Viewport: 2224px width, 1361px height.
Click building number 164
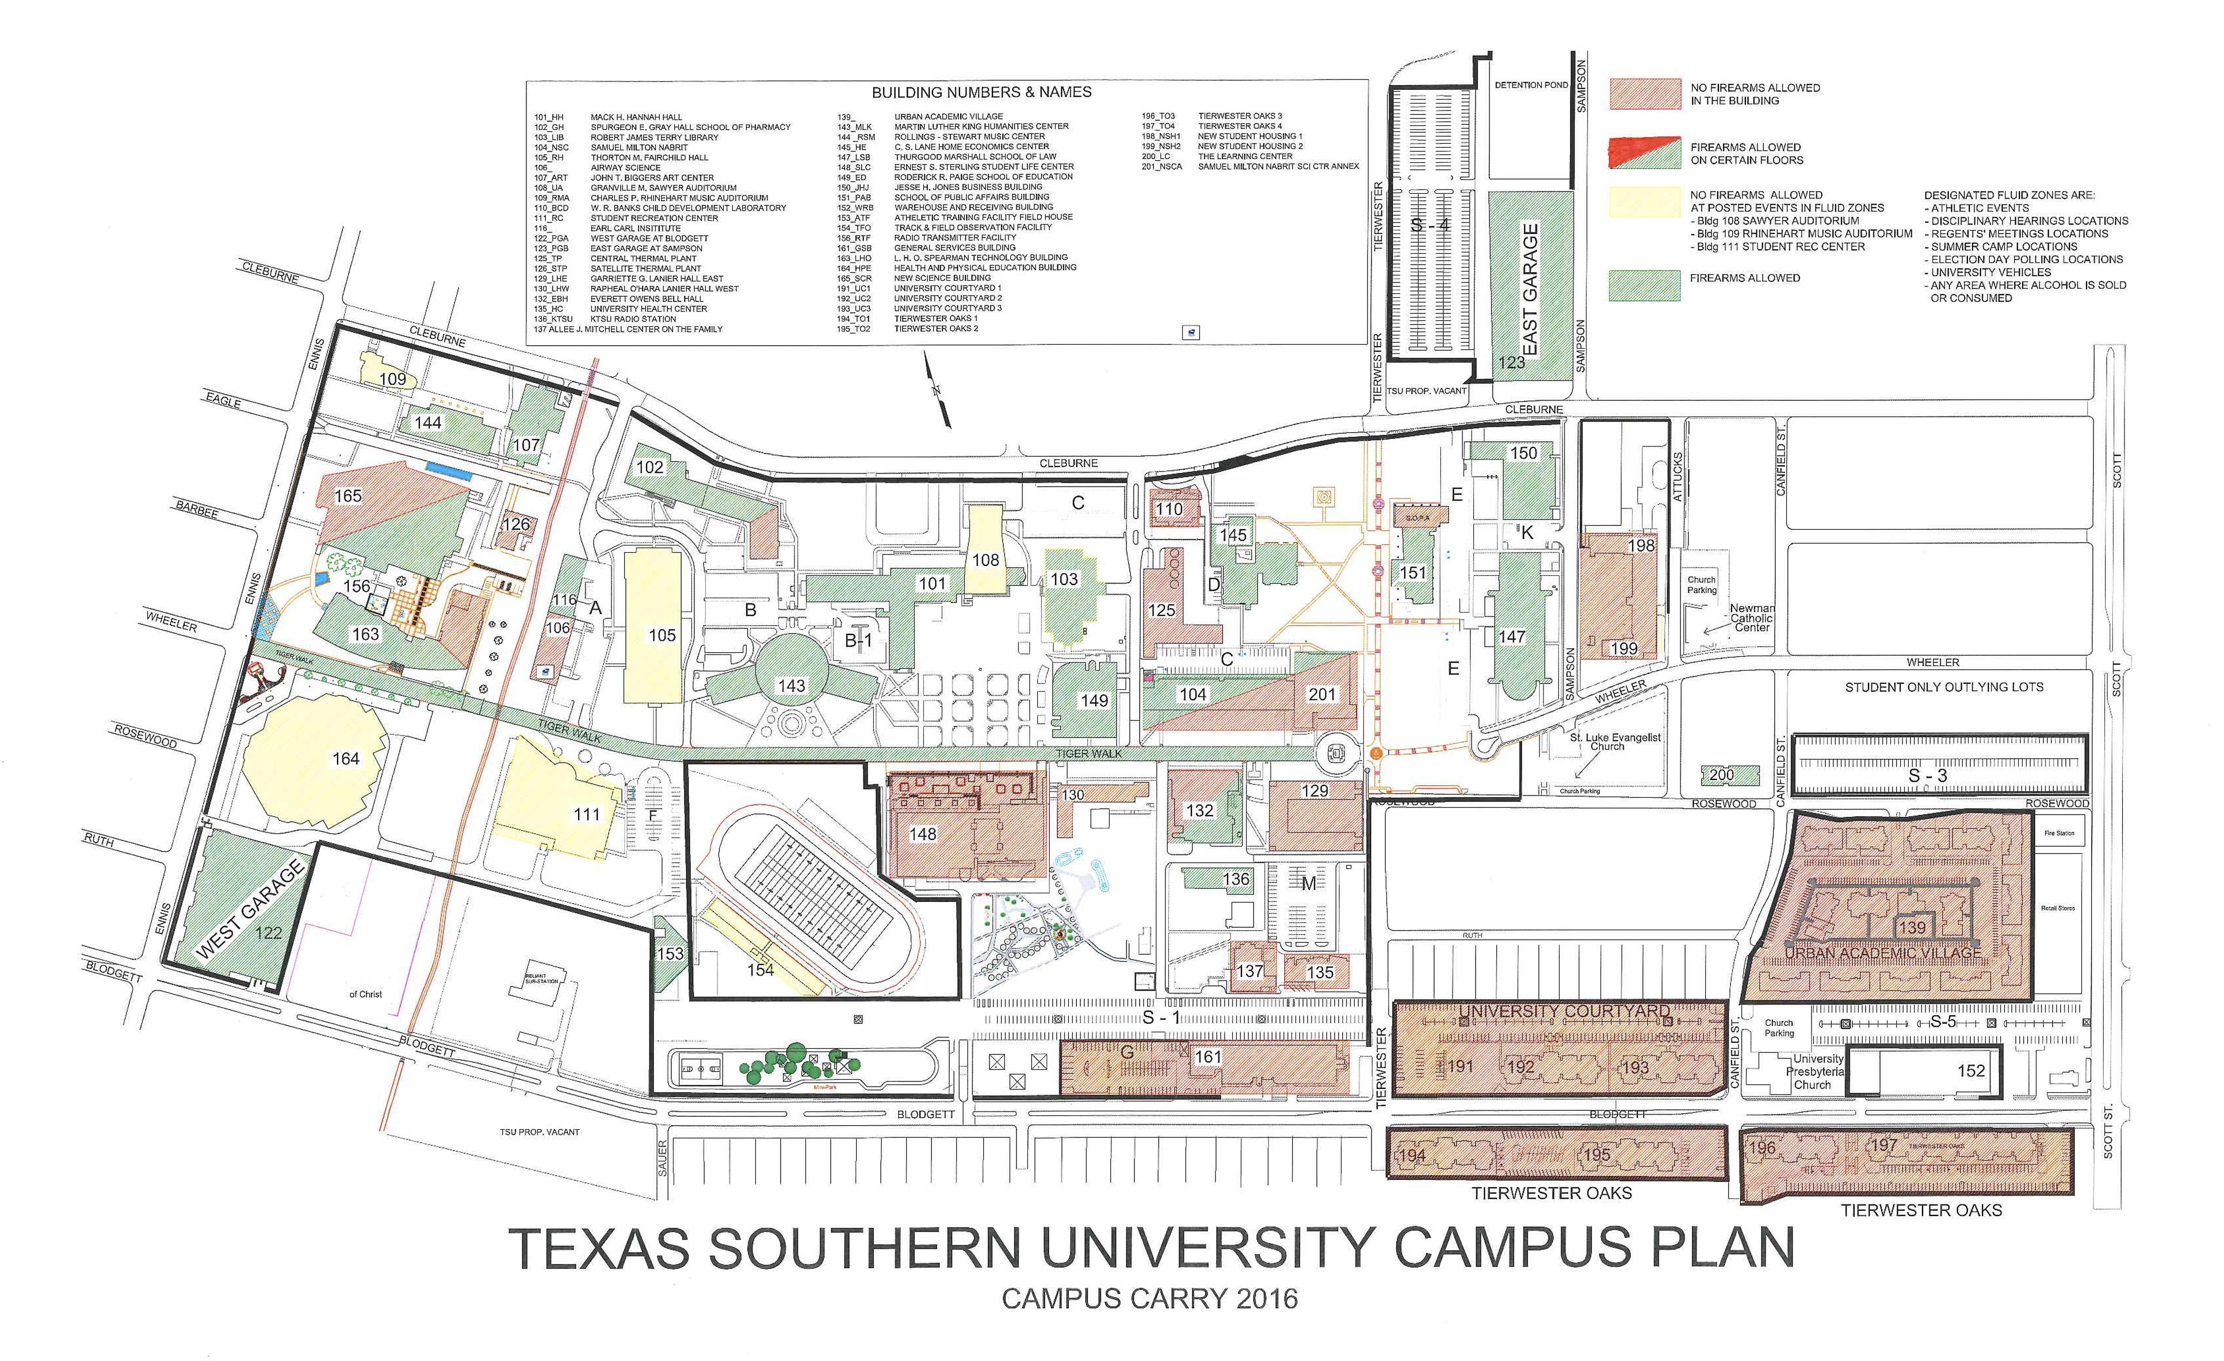pos(346,759)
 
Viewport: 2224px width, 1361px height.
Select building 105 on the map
pos(662,636)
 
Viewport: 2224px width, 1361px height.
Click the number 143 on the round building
pos(792,686)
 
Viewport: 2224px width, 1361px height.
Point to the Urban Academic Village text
pos(1883,953)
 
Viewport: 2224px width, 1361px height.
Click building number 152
pos(1971,1071)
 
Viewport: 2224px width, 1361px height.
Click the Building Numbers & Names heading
pos(981,92)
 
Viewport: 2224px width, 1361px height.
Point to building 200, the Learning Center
pos(1721,774)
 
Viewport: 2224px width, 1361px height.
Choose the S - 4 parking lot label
pos(1431,225)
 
